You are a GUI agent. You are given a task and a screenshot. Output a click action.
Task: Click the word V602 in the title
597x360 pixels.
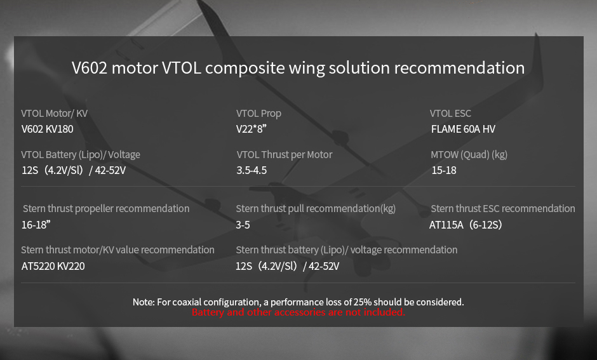pyautogui.click(x=90, y=68)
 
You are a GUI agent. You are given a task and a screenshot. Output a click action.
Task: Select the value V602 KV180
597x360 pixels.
pyautogui.click(x=47, y=129)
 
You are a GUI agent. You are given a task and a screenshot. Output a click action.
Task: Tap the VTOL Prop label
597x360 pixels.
pyautogui.click(x=258, y=114)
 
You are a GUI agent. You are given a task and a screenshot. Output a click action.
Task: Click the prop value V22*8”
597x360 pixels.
pyautogui.click(x=252, y=129)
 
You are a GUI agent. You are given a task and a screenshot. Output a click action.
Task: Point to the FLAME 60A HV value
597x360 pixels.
pyautogui.click(x=463, y=129)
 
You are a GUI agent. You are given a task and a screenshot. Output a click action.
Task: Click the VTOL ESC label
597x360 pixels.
pyautogui.click(x=450, y=114)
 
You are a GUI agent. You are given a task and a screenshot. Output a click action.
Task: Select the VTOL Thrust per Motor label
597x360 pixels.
pyautogui.click(x=285, y=154)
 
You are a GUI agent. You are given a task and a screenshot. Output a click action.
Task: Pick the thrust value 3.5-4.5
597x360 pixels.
pyautogui.click(x=252, y=170)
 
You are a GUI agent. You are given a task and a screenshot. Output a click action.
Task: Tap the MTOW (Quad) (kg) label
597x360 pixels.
pyautogui.click(x=469, y=154)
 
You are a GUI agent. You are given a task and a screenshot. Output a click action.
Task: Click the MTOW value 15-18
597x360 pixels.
pyautogui.click(x=444, y=170)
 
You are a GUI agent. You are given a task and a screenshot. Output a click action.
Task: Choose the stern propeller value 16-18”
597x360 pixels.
pyautogui.click(x=36, y=225)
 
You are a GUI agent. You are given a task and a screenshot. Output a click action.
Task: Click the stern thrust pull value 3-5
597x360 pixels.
pyautogui.click(x=243, y=225)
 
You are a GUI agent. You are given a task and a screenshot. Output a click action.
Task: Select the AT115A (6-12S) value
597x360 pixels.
pyautogui.click(x=466, y=225)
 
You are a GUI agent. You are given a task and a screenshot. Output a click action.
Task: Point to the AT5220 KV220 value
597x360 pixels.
pyautogui.click(x=53, y=266)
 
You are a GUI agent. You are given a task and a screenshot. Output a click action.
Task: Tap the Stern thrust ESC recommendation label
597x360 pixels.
pyautogui.click(x=503, y=208)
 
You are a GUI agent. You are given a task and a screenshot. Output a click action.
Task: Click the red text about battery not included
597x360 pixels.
pyautogui.click(x=298, y=312)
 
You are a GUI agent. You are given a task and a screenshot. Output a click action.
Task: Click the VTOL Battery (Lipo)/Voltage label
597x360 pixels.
pyautogui.click(x=81, y=154)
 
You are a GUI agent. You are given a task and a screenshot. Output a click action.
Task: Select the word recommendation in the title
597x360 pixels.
pyautogui.click(x=459, y=68)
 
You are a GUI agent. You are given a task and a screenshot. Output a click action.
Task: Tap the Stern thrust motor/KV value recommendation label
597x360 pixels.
pyautogui.click(x=117, y=250)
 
